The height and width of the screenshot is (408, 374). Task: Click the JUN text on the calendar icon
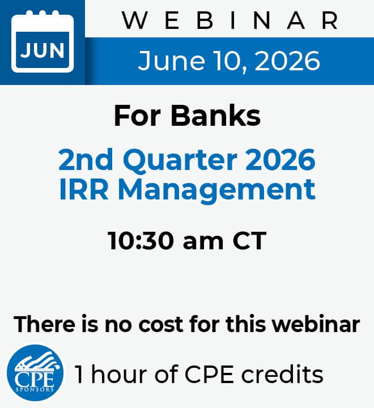[42, 50]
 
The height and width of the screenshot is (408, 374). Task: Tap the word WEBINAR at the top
[230, 20]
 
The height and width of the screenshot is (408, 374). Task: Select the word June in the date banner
[171, 61]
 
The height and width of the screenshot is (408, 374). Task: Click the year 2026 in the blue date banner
[287, 61]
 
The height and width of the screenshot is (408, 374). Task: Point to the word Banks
[215, 116]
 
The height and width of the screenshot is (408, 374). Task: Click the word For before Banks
[137, 116]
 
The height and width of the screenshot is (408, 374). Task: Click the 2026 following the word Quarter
[280, 159]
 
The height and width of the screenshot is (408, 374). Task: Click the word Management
[217, 191]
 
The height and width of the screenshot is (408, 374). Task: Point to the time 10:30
[141, 241]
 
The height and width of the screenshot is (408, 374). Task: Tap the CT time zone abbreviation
[249, 241]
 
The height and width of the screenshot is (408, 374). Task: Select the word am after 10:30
[203, 243]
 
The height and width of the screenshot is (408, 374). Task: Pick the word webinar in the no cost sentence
[316, 324]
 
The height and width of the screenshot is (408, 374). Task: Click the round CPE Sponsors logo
[35, 373]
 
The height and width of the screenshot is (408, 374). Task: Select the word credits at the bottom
[282, 374]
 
